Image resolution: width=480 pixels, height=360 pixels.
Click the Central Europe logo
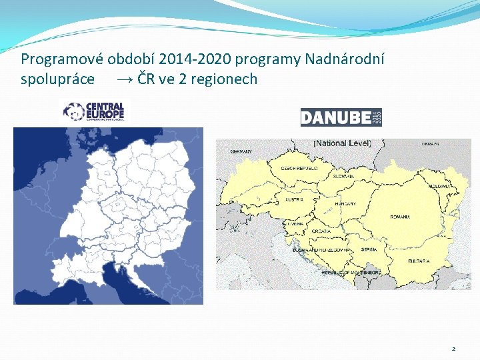pos(94,111)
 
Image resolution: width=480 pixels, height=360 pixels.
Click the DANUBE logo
pos(341,117)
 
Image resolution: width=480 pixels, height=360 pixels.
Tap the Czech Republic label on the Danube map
pos(298,169)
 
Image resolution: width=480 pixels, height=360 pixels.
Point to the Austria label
pos(294,199)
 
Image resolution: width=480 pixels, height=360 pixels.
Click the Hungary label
pos(345,203)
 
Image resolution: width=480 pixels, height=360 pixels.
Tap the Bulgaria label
pos(419,261)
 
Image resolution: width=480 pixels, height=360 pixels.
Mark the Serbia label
pos(369,249)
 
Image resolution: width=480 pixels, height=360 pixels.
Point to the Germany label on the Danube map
pos(241,151)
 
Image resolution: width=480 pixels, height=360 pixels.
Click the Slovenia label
pos(294,224)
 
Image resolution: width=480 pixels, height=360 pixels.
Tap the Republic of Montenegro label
pos(351,273)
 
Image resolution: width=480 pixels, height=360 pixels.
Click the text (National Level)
pos(342,143)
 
